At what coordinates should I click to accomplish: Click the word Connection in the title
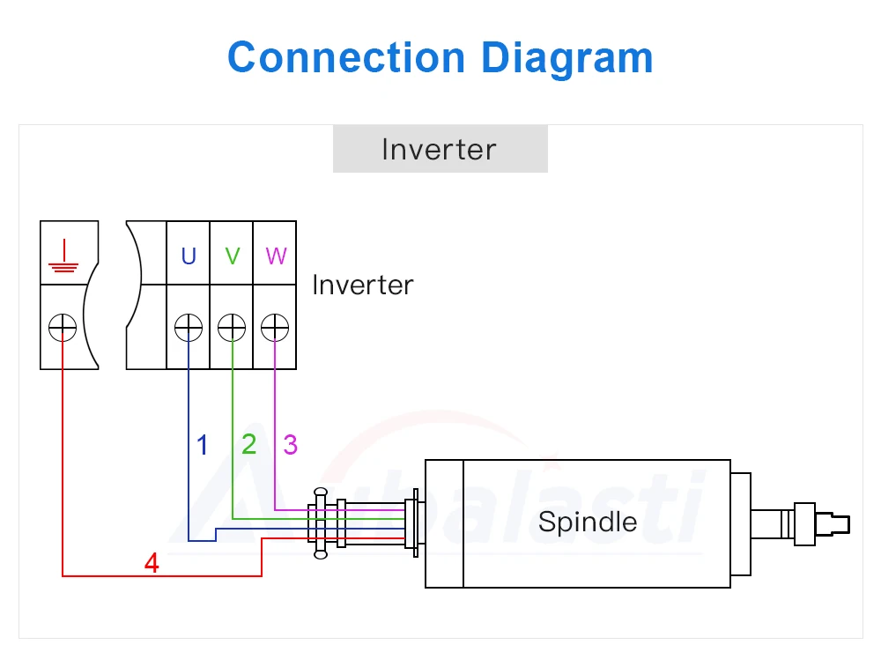345,58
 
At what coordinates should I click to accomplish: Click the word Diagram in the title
566,58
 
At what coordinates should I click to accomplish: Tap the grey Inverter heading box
440,149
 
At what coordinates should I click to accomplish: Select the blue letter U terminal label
189,256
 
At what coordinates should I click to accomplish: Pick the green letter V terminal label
232,256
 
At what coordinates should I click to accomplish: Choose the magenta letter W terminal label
276,256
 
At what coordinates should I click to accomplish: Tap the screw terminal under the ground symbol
63,328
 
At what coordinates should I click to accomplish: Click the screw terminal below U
189,328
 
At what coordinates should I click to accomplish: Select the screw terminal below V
232,328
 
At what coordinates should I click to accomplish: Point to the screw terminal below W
275,328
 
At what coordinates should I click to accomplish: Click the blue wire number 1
203,445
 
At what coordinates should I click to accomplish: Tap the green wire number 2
249,445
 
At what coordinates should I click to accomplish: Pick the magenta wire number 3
290,445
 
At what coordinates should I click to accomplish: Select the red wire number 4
152,563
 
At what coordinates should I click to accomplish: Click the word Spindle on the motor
587,522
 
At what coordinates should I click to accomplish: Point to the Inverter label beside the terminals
362,285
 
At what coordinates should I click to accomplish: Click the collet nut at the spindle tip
807,522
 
